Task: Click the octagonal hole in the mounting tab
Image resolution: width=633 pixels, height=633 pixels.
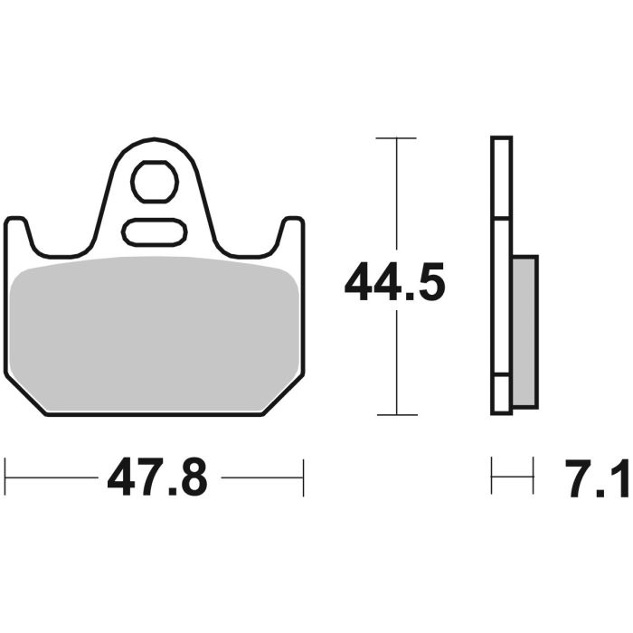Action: click(154, 183)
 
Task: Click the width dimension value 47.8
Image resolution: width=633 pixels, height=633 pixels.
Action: click(157, 477)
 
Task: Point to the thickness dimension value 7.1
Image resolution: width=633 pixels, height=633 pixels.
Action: click(598, 477)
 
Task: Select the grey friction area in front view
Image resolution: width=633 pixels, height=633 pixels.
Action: click(156, 330)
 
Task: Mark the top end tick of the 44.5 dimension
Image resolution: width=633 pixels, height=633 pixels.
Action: click(396, 138)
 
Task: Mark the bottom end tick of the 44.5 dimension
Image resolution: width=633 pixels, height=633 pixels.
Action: click(396, 415)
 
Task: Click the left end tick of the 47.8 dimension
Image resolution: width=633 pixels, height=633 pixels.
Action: click(6, 477)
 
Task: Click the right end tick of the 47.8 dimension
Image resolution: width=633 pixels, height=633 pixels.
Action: click(304, 477)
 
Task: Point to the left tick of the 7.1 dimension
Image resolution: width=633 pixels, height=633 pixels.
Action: click(492, 477)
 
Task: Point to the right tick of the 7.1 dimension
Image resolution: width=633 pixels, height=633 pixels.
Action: click(532, 477)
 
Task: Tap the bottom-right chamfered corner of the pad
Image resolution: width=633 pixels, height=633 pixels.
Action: click(286, 394)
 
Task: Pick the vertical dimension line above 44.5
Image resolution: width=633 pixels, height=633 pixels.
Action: click(396, 199)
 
